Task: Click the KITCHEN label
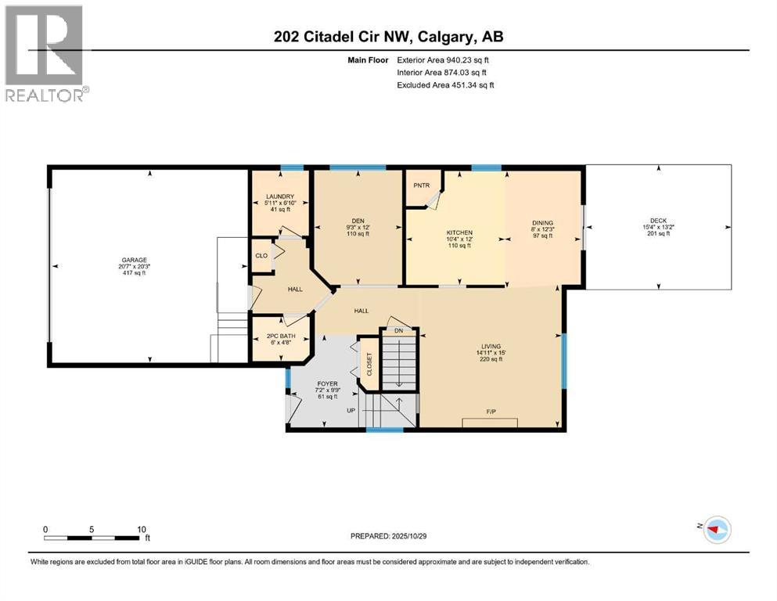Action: (459, 233)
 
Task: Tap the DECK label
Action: (658, 221)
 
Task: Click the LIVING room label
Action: (491, 346)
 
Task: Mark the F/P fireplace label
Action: (491, 411)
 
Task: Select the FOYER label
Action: (326, 383)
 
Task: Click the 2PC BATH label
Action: (279, 337)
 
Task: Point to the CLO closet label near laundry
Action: (261, 256)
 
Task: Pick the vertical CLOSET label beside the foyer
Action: (369, 364)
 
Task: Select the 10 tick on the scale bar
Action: (142, 529)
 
